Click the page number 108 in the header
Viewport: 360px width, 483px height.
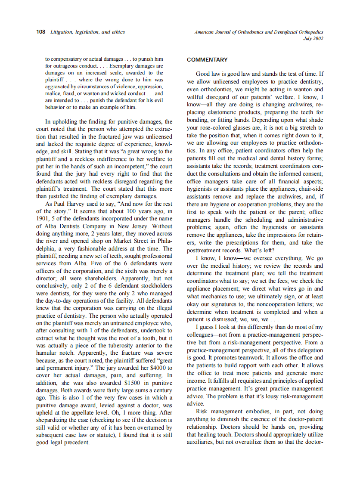[x=41, y=32]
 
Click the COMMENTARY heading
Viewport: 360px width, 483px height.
[x=207, y=60]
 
